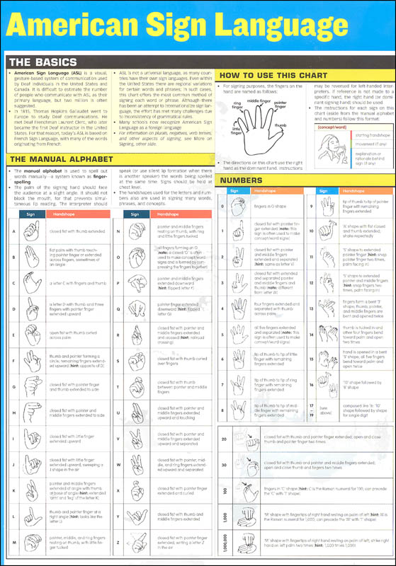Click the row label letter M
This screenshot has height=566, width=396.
pyautogui.click(x=13, y=542)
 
